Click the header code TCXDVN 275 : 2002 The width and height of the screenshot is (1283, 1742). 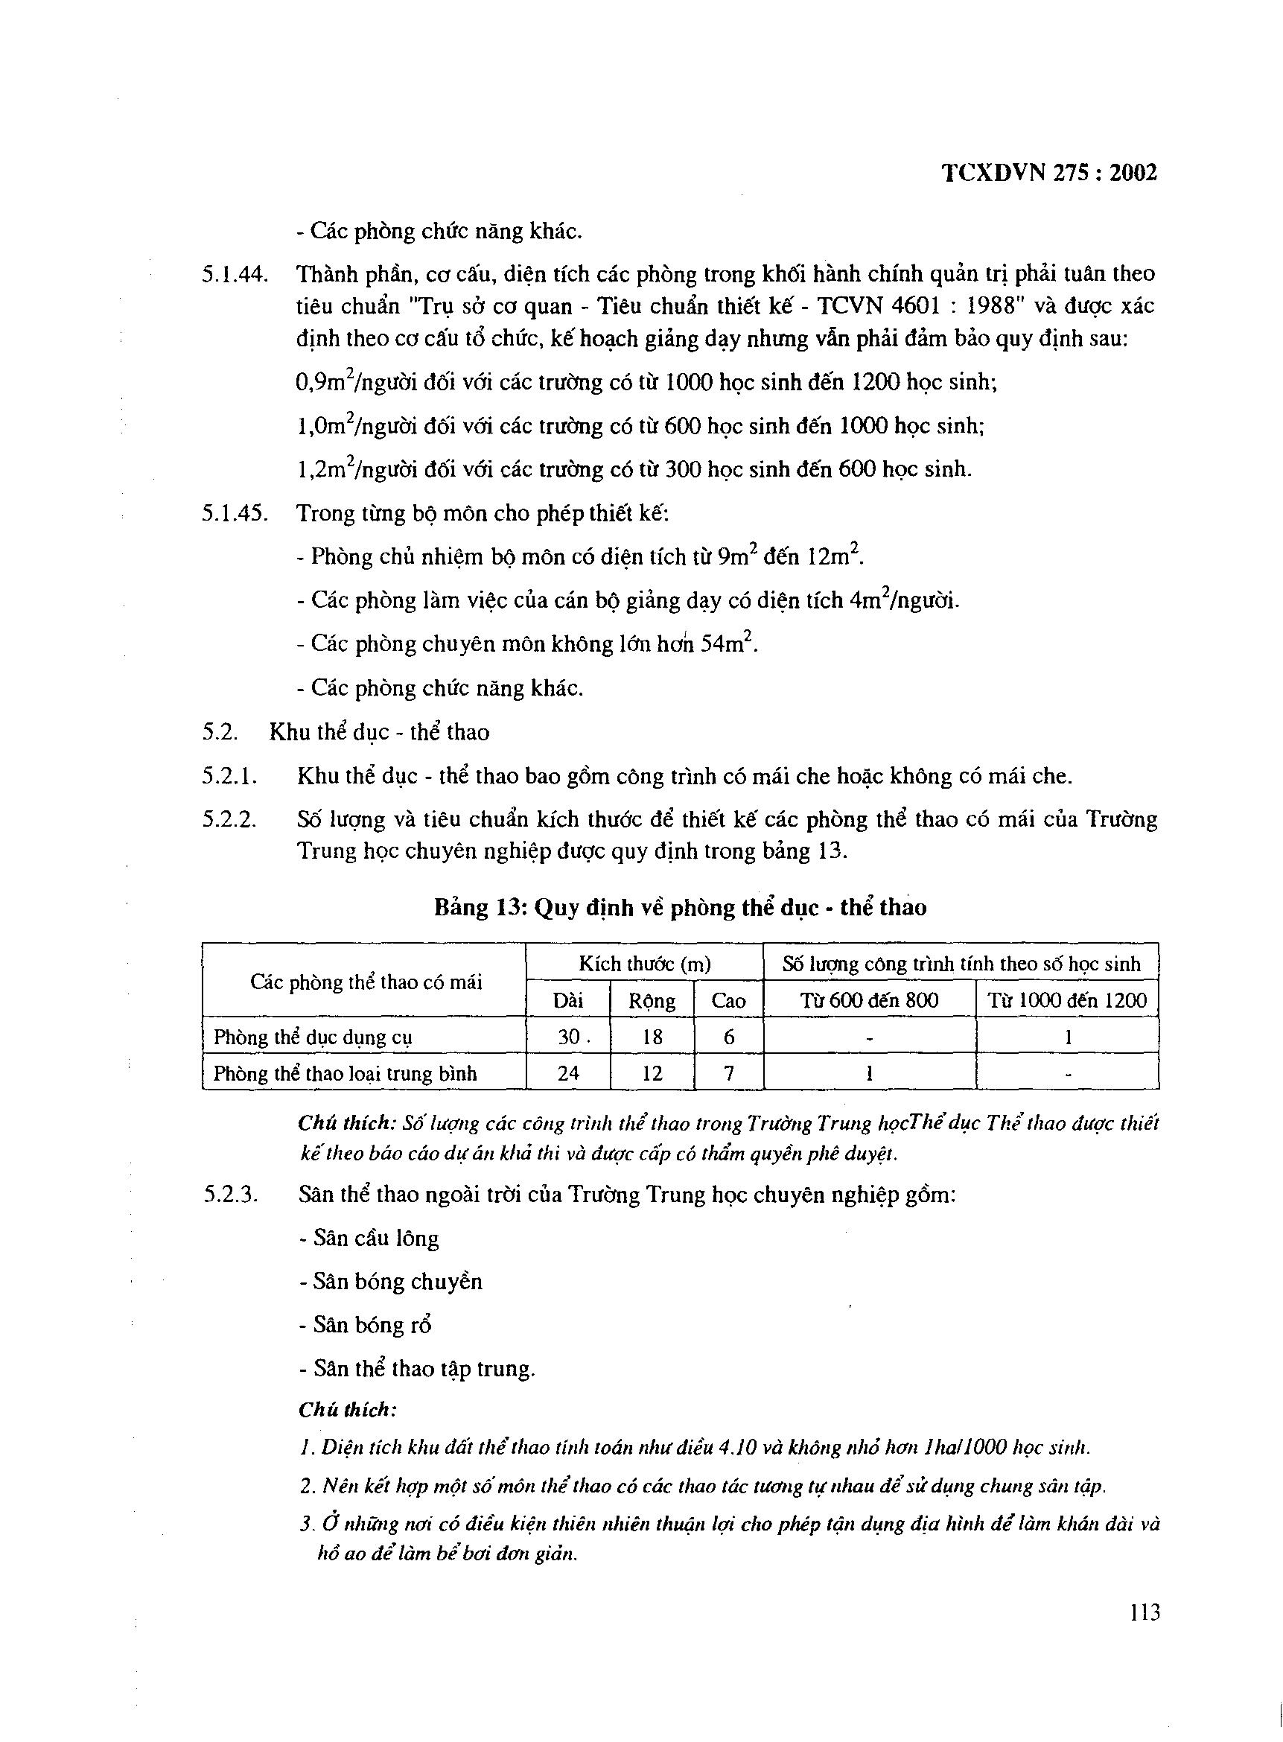coord(1049,173)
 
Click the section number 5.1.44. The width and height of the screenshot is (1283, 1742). coord(235,274)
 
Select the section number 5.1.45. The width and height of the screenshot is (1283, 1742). coord(235,513)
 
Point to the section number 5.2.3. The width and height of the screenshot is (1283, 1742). coord(231,1195)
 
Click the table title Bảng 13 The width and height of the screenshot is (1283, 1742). coord(680,907)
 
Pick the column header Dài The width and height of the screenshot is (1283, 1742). coord(567,1000)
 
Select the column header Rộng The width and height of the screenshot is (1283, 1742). coord(652,1000)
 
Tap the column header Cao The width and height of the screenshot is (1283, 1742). coord(728,1000)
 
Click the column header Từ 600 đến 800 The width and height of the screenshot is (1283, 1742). coord(869,1000)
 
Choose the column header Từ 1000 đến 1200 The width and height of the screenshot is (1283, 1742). coord(1067,1000)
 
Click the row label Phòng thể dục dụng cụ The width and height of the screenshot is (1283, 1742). coord(313,1037)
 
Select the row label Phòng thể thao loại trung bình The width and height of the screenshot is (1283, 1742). coord(345,1073)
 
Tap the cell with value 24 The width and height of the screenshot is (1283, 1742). coord(567,1073)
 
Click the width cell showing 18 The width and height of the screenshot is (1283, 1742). coord(652,1037)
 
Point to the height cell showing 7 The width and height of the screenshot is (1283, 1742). coord(728,1073)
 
